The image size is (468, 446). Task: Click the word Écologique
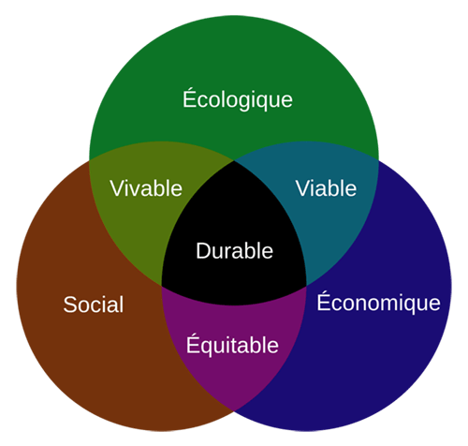(238, 98)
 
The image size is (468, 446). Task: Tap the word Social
(94, 305)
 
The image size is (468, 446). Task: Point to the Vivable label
(146, 188)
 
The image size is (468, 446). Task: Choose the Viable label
(326, 188)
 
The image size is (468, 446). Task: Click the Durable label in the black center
(234, 251)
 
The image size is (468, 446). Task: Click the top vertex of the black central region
(234, 161)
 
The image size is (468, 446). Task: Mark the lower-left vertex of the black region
(162, 286)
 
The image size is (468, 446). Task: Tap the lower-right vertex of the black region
(306, 286)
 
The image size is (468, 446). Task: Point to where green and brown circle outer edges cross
(89, 160)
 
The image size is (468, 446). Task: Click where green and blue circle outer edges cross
(379, 160)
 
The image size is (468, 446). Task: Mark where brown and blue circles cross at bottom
(234, 409)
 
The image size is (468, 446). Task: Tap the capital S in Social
(70, 305)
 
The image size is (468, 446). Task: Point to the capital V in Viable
(303, 188)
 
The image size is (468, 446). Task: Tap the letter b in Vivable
(159, 188)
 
